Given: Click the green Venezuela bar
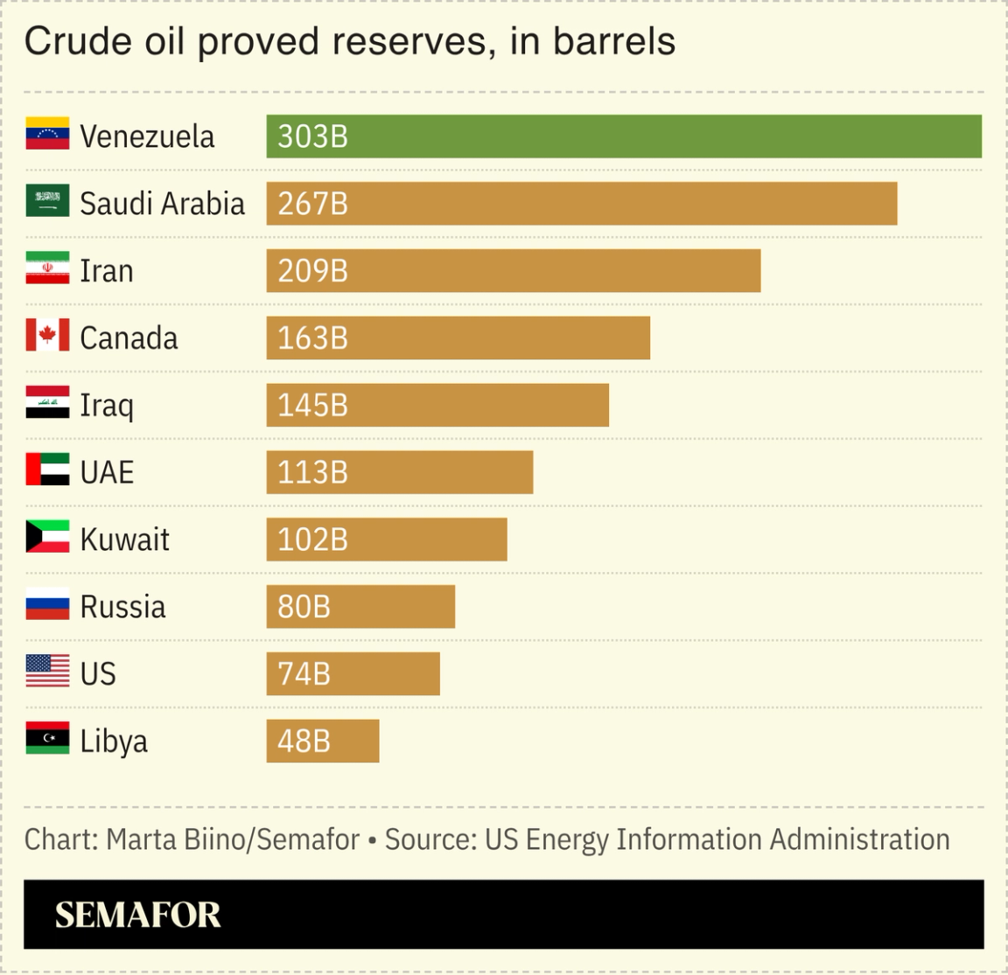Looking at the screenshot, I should click(623, 136).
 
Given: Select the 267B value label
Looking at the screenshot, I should click(312, 204).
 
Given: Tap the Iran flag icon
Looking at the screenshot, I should click(47, 270).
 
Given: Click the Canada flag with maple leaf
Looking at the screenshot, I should click(47, 338).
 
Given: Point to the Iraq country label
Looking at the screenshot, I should click(107, 406).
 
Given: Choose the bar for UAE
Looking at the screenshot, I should click(399, 472).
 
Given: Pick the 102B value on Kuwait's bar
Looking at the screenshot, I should click(312, 540).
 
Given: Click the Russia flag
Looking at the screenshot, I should click(47, 606).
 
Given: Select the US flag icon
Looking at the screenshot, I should click(47, 672).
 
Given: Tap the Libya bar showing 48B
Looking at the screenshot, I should click(322, 741).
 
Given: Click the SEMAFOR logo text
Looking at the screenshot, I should click(138, 915).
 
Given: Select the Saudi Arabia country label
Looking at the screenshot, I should click(162, 204).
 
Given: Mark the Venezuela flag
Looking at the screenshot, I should click(47, 135).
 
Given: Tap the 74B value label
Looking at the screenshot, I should click(304, 673).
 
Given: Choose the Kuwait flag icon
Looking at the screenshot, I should click(47, 539).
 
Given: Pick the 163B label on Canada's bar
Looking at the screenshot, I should click(312, 338).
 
